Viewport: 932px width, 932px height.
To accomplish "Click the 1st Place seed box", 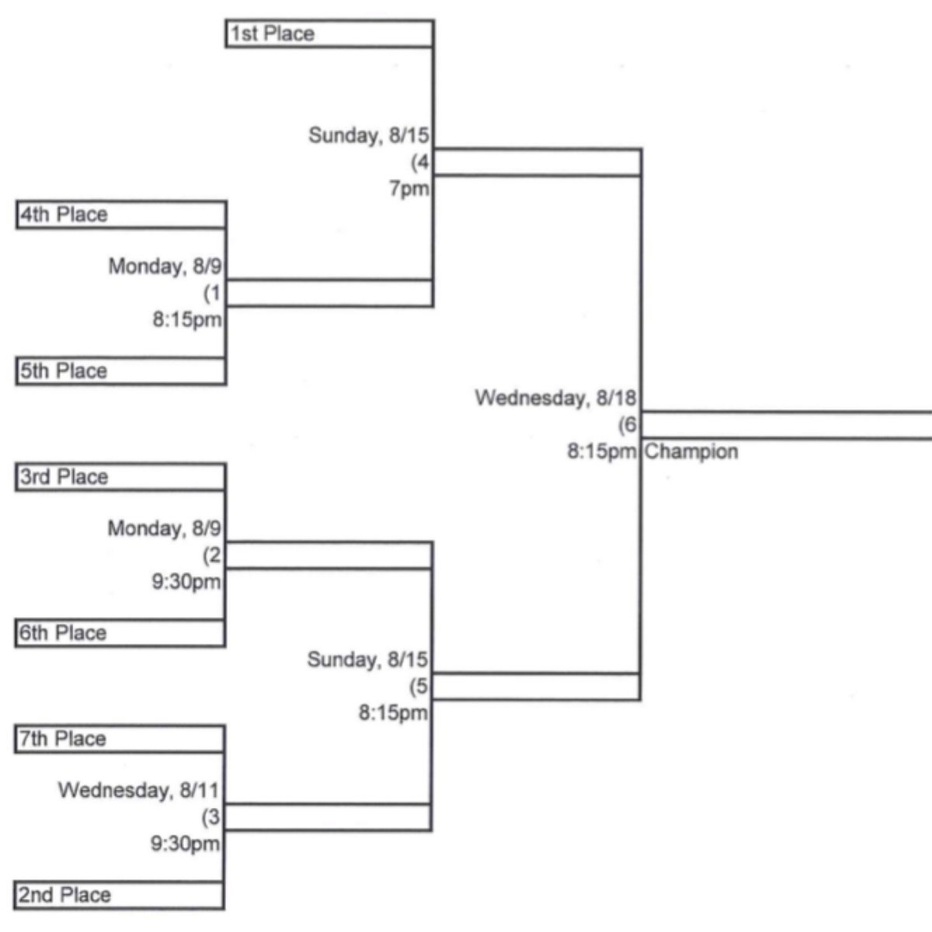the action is [x=330, y=34].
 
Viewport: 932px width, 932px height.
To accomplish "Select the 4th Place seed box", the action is [x=121, y=214].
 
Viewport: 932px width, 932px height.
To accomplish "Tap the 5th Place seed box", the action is [x=121, y=371].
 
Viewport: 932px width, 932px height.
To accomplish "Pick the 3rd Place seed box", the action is [x=120, y=478].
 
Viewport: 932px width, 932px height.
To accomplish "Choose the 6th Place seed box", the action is [x=120, y=633].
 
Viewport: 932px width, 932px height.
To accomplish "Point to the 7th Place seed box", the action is [x=120, y=739].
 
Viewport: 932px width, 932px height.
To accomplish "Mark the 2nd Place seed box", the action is [x=119, y=895].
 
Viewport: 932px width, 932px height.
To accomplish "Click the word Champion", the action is [x=692, y=452].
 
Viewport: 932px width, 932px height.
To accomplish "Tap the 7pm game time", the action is [x=409, y=189].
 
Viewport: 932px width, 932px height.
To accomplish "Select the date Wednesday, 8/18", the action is [x=556, y=398].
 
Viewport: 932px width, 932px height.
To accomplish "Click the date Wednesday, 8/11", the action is [x=139, y=791].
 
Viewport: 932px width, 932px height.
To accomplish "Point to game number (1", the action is [x=212, y=293].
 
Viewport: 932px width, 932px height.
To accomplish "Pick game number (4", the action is [x=420, y=162].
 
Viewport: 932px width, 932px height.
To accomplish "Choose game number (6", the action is [x=628, y=425].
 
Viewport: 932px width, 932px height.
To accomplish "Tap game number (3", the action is [x=211, y=817].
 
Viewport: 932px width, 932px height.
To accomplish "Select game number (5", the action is [x=419, y=687].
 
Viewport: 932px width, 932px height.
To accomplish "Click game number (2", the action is [x=212, y=555].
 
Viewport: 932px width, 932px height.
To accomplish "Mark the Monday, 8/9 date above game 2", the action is [x=165, y=528].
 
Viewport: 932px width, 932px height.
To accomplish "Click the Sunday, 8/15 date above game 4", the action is [x=369, y=135].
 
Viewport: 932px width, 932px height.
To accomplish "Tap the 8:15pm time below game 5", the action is [x=393, y=713].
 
